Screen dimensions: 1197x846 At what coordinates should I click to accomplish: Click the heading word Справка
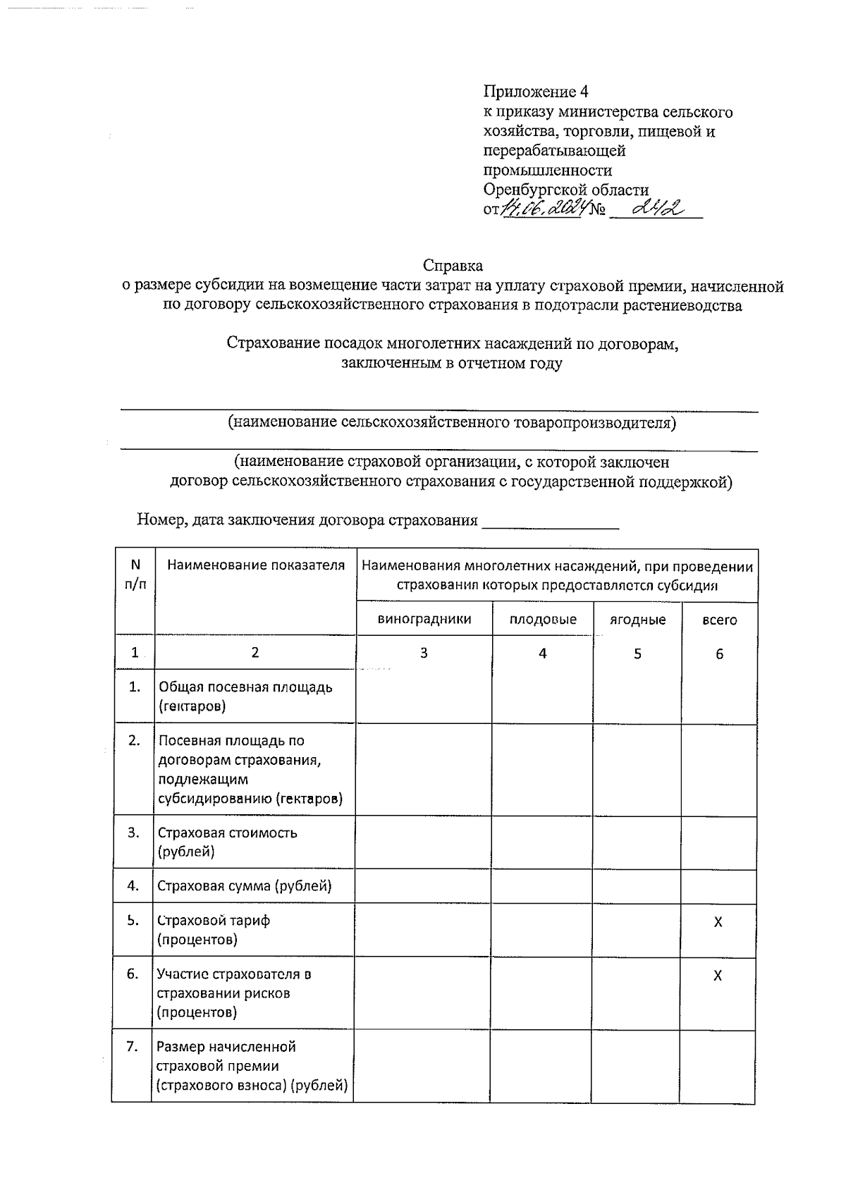point(453,266)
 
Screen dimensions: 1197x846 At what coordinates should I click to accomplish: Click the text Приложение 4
point(536,92)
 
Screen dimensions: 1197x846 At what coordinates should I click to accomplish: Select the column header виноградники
point(424,619)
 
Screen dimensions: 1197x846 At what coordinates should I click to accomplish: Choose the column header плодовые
point(543,619)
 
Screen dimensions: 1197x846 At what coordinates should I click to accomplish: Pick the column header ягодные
point(637,620)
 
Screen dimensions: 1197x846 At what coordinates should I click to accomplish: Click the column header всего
point(719,620)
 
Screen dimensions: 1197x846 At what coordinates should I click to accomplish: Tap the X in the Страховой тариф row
point(718,922)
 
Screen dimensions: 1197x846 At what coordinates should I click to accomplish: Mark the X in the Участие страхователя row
point(718,976)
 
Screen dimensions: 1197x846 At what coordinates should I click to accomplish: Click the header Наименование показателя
point(255,565)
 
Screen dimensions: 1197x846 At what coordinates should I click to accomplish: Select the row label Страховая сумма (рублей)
point(244,886)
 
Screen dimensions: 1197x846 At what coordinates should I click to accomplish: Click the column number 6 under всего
point(719,654)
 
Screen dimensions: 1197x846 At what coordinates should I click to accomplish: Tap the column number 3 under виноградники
point(424,653)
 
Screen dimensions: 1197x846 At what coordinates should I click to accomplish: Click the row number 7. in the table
point(132,1046)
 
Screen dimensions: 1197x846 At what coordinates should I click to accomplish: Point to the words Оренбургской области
point(565,190)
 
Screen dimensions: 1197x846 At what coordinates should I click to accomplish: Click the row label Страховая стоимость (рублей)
point(227,842)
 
